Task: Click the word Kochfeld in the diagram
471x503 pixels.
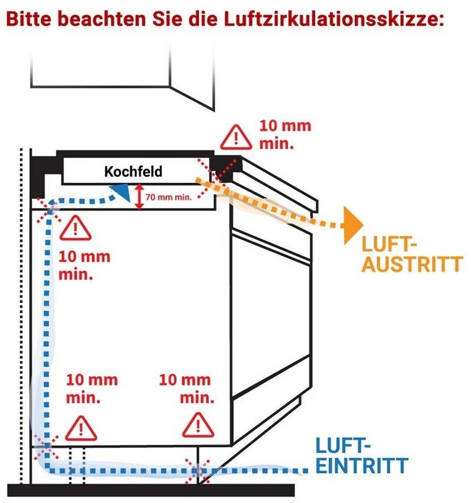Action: (x=133, y=172)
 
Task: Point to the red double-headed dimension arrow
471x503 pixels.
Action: (x=139, y=196)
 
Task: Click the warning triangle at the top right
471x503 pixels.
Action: (x=237, y=138)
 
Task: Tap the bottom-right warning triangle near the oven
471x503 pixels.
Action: (x=198, y=425)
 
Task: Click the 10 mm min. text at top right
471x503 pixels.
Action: (x=285, y=134)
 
